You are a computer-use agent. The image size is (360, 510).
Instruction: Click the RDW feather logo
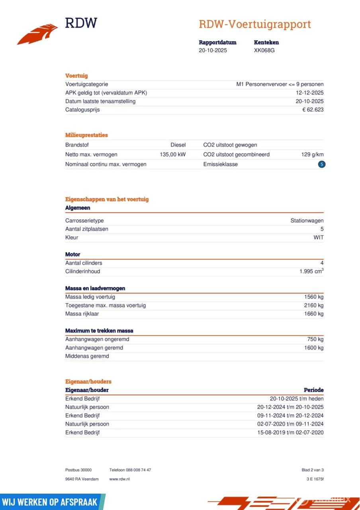(37, 34)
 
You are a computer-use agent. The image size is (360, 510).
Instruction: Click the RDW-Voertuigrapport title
(254, 24)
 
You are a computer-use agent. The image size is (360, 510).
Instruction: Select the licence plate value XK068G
(264, 51)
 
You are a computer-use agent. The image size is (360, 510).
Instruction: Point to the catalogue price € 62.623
(313, 110)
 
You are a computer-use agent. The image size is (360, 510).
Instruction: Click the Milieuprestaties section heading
(86, 135)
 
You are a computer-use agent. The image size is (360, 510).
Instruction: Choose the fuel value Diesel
(178, 145)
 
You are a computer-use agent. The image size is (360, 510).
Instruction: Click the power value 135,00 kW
(172, 155)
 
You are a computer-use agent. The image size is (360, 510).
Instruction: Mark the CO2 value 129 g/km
(312, 155)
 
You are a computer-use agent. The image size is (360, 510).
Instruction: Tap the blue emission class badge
(321, 164)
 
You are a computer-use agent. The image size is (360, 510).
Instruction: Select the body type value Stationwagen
(307, 221)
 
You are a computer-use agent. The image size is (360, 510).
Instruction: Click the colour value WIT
(318, 237)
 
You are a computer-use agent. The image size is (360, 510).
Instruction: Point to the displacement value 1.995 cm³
(311, 271)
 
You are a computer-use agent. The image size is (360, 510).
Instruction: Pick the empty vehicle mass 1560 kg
(313, 297)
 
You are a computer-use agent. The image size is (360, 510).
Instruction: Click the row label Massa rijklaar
(82, 314)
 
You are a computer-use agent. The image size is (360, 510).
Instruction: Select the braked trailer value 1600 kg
(313, 348)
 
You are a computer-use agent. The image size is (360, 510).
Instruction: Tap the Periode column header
(313, 390)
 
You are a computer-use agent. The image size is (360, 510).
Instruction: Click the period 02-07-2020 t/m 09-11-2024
(290, 424)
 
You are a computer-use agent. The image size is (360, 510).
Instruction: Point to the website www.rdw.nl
(119, 479)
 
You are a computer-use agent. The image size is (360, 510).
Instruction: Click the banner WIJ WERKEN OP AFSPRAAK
(51, 502)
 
